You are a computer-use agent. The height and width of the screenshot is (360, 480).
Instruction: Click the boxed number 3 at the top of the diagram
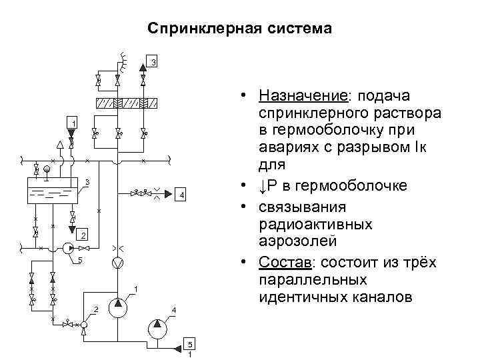[x=153, y=63]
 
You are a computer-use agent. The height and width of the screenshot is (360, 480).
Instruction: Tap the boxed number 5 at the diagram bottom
[x=190, y=344]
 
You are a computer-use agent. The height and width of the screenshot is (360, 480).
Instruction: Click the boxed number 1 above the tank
[x=74, y=122]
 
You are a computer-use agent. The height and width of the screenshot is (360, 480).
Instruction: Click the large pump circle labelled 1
[x=117, y=307]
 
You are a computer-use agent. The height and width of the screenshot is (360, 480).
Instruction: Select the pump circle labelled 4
[x=157, y=327]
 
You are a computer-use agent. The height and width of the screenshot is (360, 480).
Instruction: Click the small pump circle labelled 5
[x=67, y=248]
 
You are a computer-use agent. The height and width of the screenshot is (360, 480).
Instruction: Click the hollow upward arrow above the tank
[x=60, y=143]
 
